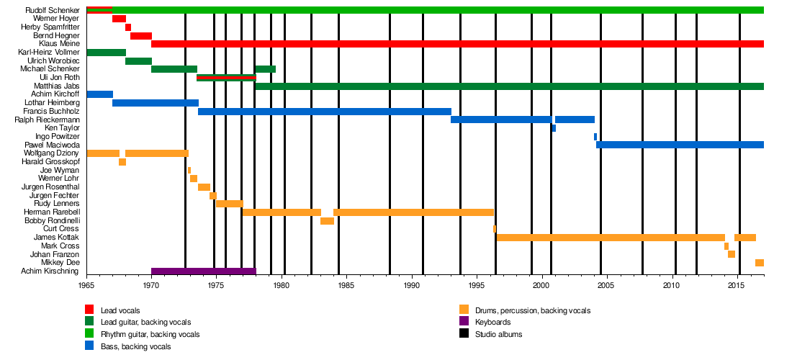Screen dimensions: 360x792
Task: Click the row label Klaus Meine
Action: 60,43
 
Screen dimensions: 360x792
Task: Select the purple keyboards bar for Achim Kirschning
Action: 203,271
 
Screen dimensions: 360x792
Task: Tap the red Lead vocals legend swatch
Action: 89,310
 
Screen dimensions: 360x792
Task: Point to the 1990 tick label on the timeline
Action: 412,286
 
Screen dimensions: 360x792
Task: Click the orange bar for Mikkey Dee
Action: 759,263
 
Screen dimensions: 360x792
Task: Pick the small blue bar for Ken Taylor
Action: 554,128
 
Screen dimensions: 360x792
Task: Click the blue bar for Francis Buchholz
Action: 324,112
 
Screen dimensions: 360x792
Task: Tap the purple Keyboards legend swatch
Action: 464,322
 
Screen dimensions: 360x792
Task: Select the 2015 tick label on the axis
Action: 736,286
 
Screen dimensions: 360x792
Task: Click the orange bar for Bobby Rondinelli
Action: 327,221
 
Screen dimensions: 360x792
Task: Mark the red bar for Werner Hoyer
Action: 119,19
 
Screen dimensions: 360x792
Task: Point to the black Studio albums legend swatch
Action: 464,334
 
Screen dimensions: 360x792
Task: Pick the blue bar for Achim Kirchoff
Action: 99,94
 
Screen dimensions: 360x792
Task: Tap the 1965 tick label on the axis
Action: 86,286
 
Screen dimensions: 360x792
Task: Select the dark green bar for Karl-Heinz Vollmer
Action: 106,53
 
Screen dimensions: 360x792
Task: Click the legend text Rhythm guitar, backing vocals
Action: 150,334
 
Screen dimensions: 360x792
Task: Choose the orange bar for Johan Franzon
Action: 731,254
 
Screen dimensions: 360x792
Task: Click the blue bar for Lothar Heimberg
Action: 156,103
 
